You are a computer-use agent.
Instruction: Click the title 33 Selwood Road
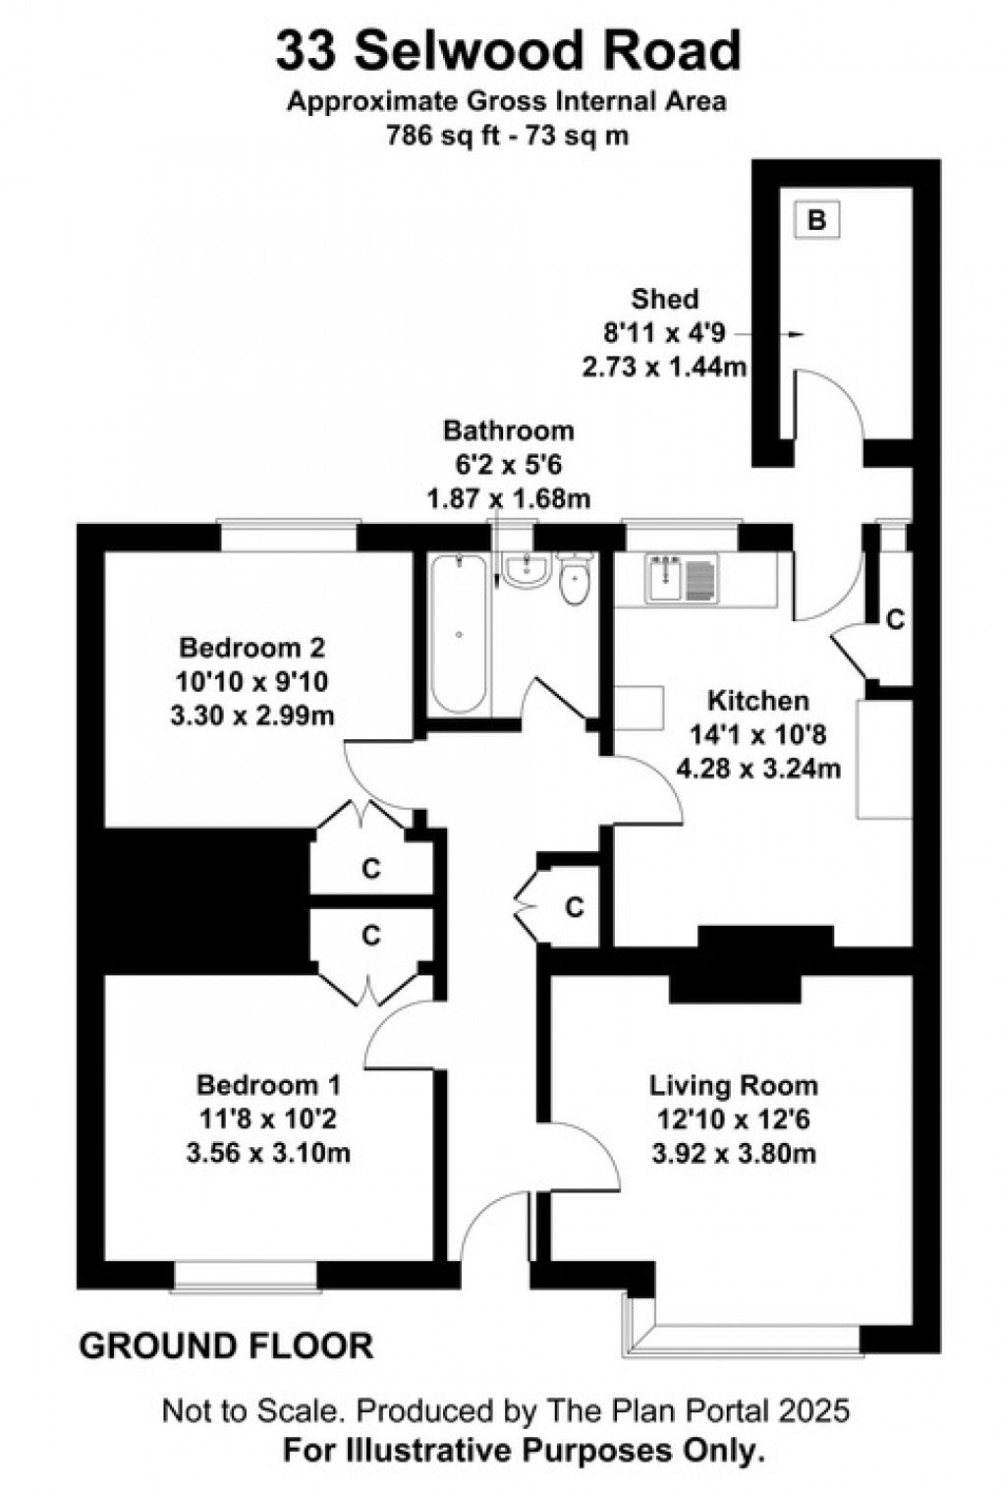coord(507,51)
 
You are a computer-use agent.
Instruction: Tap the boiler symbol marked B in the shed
coord(816,220)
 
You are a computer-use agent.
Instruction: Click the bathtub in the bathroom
coord(459,633)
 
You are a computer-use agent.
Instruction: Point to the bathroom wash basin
coord(528,569)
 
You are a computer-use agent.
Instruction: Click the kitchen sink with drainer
coord(682,578)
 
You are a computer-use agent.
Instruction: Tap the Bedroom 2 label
coord(251,648)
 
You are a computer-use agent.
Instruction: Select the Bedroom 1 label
coord(268,1085)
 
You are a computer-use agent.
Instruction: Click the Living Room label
coord(733,1085)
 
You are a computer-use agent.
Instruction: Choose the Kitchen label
coord(758,701)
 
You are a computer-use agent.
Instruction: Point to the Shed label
coord(665,299)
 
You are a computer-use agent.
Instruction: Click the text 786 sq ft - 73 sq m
coord(507,136)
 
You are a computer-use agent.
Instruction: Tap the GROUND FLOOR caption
coord(226,1346)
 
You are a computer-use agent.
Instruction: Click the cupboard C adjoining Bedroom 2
coord(370,869)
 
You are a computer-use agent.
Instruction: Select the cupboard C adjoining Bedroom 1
coord(370,935)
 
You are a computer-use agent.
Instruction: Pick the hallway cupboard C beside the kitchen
coord(574,906)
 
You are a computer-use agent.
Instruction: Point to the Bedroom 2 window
coord(288,536)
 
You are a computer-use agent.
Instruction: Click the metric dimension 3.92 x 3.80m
coord(733,1152)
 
